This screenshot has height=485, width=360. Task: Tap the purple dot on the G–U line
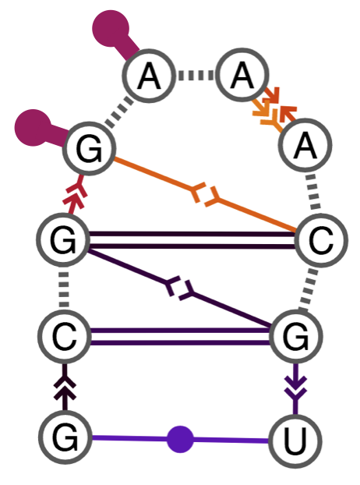(181, 439)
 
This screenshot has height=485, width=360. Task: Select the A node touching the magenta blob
(148, 76)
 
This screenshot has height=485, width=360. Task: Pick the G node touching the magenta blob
(89, 150)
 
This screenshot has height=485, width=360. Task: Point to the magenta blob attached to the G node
(34, 127)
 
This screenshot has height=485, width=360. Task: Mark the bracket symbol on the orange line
(206, 195)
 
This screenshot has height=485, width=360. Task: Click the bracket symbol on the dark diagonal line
(181, 289)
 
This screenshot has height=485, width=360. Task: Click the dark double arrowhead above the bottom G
(65, 387)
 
